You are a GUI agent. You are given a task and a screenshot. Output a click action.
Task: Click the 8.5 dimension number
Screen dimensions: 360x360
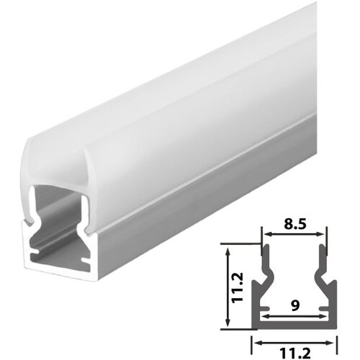pyautogui.click(x=294, y=224)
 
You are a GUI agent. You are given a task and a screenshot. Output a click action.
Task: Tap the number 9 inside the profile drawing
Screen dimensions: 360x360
pyautogui.click(x=295, y=305)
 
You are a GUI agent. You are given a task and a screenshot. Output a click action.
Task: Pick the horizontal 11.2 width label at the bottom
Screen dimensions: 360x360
pyautogui.click(x=294, y=351)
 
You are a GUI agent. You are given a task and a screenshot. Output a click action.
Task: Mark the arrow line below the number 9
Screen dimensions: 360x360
pyautogui.click(x=294, y=315)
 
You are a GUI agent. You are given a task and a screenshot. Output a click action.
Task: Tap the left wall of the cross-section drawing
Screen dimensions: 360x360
pyautogui.click(x=258, y=288)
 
